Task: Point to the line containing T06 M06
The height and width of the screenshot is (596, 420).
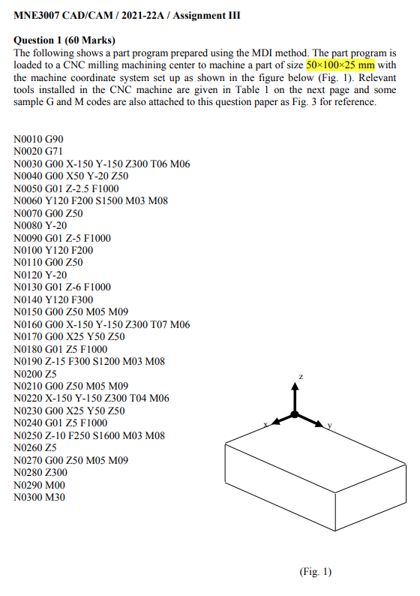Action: pyautogui.click(x=97, y=164)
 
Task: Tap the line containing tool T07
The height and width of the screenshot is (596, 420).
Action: pyautogui.click(x=102, y=324)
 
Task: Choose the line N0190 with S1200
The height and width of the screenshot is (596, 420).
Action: pyautogui.click(x=89, y=361)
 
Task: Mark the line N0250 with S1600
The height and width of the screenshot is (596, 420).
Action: pyautogui.click(x=89, y=435)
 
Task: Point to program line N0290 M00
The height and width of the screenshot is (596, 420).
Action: pyautogui.click(x=39, y=484)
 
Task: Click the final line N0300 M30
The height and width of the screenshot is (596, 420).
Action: pyautogui.click(x=39, y=496)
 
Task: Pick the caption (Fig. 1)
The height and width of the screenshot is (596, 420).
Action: pyautogui.click(x=315, y=572)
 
